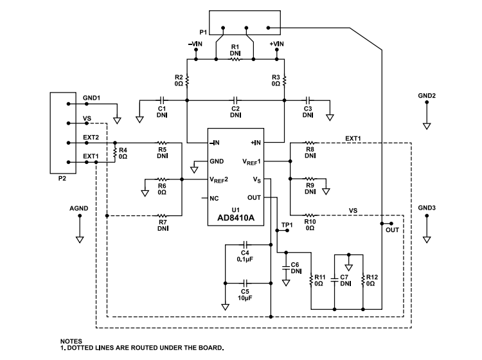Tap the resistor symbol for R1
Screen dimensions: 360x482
[235, 60]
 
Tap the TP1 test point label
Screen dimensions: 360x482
[287, 224]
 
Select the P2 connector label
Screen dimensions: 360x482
[62, 179]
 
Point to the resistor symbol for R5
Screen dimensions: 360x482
[163, 143]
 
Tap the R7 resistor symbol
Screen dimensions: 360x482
[162, 215]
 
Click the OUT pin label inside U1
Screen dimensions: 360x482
[254, 197]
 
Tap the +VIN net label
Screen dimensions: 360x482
[277, 44]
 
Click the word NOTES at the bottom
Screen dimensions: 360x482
[71, 341]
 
